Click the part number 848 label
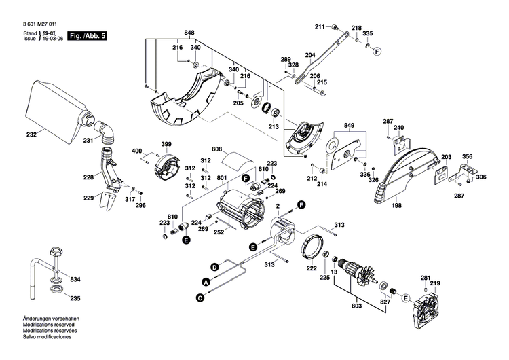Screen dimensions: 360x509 (x=189, y=33)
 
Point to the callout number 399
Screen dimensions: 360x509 (x=166, y=144)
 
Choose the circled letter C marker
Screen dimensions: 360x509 (x=200, y=297)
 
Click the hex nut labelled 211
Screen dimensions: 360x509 (x=335, y=26)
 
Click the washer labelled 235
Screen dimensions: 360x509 (x=55, y=293)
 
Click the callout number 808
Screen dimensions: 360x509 (x=217, y=149)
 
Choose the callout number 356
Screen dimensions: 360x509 (x=467, y=157)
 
